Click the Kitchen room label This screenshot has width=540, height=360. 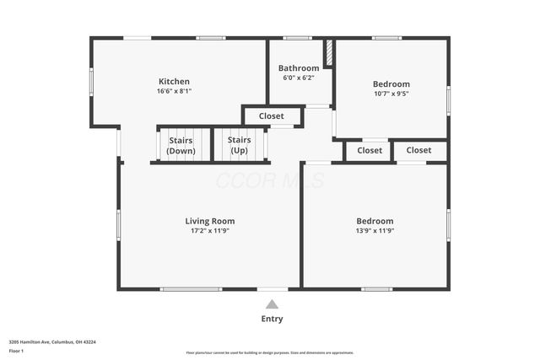174,82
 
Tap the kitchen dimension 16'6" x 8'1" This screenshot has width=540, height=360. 174,92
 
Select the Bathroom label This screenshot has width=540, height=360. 299,68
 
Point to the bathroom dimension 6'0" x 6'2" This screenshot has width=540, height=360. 299,78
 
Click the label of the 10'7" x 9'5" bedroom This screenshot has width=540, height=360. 391,84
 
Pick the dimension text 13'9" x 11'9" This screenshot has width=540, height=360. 375,231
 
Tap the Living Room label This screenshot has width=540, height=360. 209,221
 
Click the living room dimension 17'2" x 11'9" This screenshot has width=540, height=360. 209,231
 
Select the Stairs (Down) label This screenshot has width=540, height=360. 181,145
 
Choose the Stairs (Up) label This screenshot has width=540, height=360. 240,145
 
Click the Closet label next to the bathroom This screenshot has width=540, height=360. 272,116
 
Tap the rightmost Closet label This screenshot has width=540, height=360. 418,150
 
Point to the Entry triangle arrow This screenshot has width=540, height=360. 272,304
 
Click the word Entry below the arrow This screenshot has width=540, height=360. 272,319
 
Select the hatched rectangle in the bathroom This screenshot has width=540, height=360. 330,52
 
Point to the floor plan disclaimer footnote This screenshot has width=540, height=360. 270,352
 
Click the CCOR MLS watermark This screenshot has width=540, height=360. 270,180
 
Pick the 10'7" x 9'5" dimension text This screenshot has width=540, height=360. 391,94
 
